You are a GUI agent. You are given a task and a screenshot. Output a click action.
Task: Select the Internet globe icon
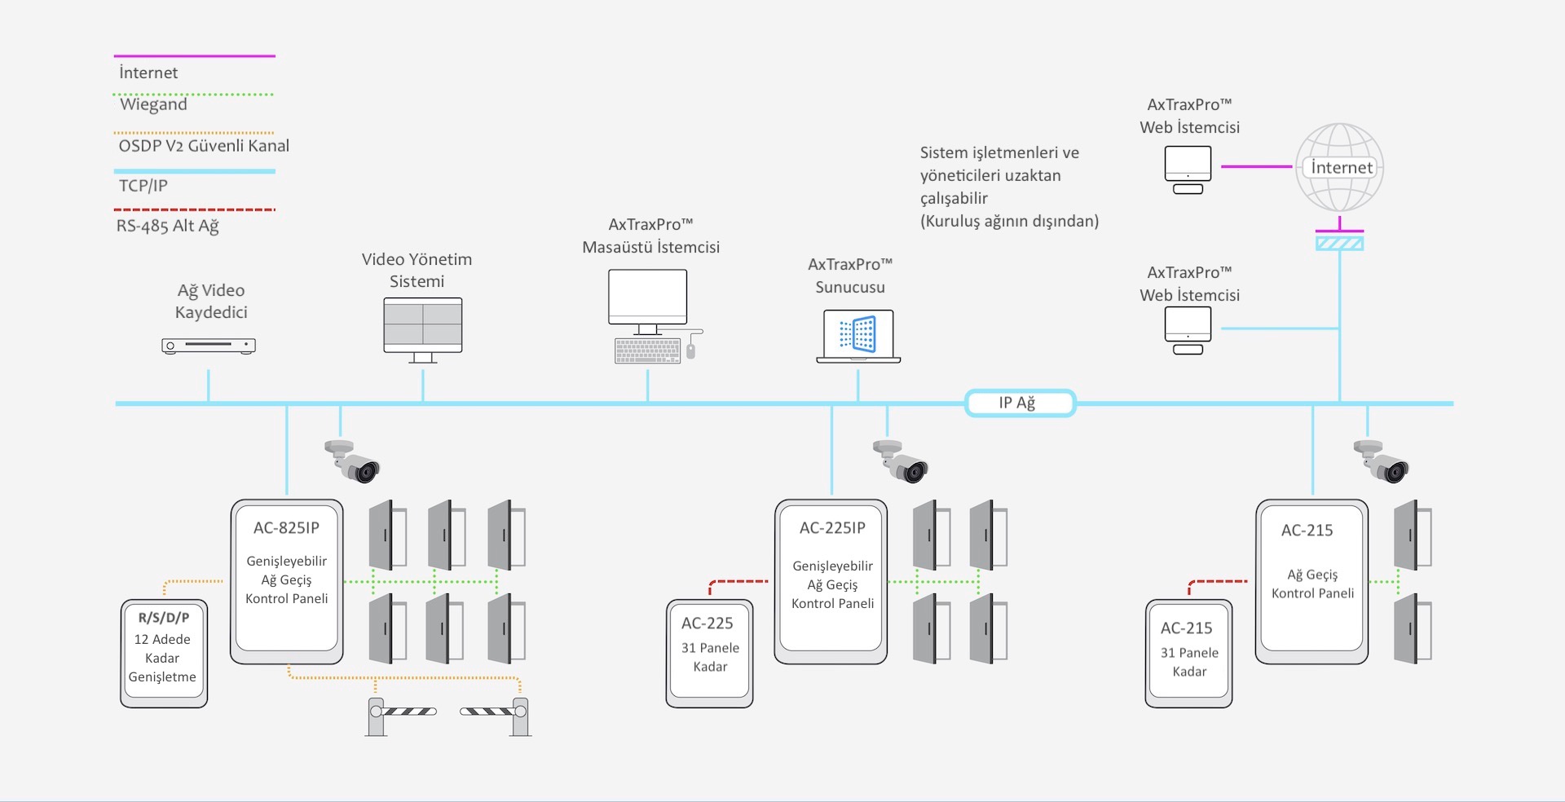[1339, 168]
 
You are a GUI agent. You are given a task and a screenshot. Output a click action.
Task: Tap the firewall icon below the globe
[1339, 243]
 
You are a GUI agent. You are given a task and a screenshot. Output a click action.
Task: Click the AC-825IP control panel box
[287, 582]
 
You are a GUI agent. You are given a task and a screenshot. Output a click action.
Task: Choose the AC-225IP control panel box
[831, 582]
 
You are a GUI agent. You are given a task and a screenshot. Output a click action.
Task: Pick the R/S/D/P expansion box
[164, 654]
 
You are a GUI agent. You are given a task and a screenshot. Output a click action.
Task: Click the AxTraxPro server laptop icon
[858, 336]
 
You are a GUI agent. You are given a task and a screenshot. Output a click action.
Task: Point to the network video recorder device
[209, 346]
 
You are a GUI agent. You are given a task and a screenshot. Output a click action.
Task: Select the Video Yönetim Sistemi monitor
[423, 330]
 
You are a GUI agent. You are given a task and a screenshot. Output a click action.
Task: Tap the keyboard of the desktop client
[648, 351]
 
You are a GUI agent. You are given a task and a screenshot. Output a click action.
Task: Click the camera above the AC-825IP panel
[352, 460]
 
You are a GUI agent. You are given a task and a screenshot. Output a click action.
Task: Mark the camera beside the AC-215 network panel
[1381, 460]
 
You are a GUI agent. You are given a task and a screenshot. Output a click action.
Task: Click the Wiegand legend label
[153, 104]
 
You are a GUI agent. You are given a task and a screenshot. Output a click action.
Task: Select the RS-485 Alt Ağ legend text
[168, 226]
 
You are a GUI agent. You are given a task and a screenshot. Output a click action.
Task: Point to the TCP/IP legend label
[143, 186]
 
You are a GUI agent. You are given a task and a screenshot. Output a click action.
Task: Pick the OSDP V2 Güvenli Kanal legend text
[204, 146]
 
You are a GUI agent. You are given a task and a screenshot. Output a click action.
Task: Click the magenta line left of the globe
[1257, 166]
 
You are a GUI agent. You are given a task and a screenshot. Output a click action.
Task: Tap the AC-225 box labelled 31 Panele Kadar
[710, 654]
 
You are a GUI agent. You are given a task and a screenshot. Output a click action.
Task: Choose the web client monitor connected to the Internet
[1188, 170]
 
